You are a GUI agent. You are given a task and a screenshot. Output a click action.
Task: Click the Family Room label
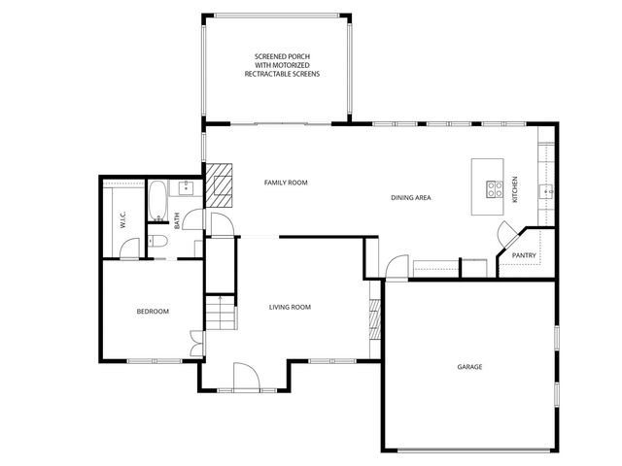click(286, 183)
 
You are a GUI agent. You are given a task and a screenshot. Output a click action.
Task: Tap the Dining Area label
click(411, 198)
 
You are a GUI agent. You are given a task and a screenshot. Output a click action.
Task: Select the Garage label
click(470, 367)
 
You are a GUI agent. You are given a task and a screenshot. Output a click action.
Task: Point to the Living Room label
click(290, 307)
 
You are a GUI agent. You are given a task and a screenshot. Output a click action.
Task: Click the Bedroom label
click(153, 312)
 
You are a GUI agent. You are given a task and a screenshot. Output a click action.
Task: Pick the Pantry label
click(524, 256)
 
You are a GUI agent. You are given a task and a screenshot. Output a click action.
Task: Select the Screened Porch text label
click(281, 66)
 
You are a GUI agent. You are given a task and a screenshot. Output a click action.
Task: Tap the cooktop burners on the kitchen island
click(494, 189)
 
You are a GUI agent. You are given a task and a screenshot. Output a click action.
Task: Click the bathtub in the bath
click(157, 200)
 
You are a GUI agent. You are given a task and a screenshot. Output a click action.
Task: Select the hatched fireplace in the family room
click(221, 185)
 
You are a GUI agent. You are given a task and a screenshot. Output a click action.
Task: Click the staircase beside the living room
click(221, 314)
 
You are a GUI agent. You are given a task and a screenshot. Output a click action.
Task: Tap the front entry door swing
click(245, 375)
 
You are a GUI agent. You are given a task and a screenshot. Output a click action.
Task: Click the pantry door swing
click(507, 235)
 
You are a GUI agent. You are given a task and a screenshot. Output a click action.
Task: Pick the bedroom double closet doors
click(196, 341)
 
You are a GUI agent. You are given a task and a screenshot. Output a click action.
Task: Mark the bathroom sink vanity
click(180, 189)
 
